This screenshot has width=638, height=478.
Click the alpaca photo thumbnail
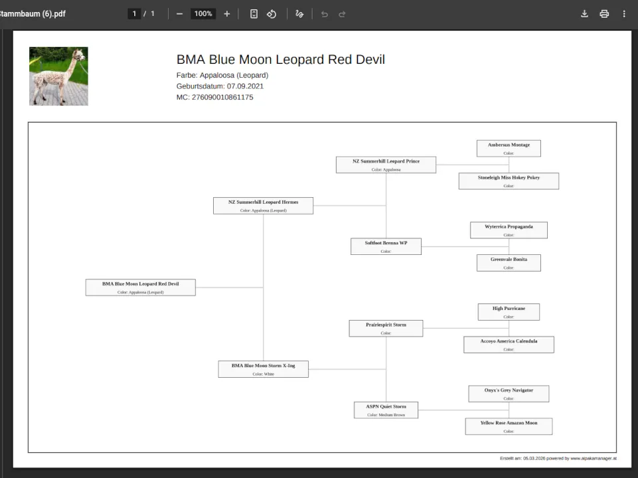pos(58,76)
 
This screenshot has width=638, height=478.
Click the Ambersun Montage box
pos(509,148)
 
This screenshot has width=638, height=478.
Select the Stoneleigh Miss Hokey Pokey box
pos(509,181)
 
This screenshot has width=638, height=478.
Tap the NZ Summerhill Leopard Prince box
pos(386,165)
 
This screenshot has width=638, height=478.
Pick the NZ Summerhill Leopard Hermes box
pos(263,205)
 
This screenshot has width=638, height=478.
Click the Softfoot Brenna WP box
pos(386,246)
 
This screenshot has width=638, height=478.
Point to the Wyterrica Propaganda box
pos(509,230)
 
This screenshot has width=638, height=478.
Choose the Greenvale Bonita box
pos(509,263)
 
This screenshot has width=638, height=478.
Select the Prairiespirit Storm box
pos(386,328)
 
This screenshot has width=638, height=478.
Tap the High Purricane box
pos(509,311)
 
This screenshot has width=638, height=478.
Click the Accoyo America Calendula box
pos(509,345)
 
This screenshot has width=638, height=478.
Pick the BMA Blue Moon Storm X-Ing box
pos(263,369)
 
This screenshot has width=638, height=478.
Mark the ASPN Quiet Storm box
pos(386,410)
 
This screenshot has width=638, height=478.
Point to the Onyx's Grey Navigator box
pos(509,394)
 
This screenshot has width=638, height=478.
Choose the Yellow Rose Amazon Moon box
pos(509,426)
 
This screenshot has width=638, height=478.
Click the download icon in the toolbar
pos(584,14)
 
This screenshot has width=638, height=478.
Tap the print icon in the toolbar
pos(604,14)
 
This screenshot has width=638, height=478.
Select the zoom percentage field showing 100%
pos(203,14)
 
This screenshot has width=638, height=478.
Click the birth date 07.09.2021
pos(245,86)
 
